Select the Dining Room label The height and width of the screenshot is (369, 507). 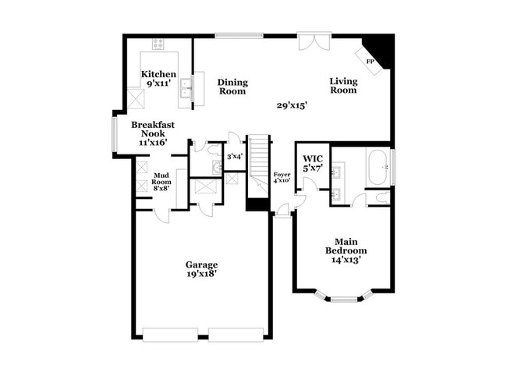pos(232,87)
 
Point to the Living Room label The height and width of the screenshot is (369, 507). pos(343,85)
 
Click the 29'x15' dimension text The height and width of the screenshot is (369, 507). pos(292,105)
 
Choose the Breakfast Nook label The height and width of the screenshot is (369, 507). pos(152,129)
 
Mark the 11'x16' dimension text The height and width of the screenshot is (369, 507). pos(152,143)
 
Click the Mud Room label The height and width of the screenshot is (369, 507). pos(161,179)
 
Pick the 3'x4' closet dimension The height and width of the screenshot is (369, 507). pos(235,156)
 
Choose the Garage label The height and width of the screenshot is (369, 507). pos(201,264)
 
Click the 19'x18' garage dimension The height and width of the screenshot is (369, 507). pos(201,274)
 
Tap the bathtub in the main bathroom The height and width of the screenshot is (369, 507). pos(378,166)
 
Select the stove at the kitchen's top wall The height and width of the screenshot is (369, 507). pos(158,44)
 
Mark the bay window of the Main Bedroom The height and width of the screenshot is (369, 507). pos(347,298)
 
